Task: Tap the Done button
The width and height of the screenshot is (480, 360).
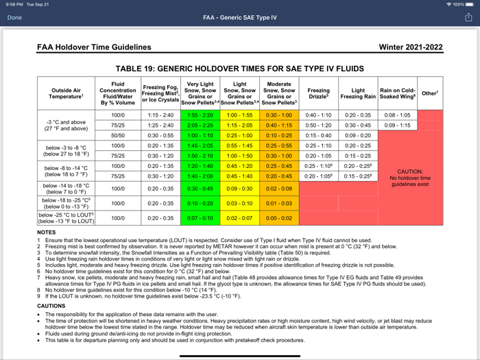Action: (x=14, y=18)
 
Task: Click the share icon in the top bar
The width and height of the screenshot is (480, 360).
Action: (x=468, y=18)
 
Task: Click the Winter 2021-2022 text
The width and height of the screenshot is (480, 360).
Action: (x=411, y=48)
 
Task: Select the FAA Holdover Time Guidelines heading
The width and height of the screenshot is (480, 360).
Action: (x=94, y=48)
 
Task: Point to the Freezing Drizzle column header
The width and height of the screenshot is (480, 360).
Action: (x=318, y=93)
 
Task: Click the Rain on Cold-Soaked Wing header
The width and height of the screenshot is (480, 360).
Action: (x=397, y=93)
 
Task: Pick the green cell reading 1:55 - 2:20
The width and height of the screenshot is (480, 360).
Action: (x=200, y=115)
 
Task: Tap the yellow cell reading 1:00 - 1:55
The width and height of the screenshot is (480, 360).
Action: (x=239, y=115)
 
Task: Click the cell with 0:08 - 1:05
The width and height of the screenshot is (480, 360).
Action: (x=397, y=115)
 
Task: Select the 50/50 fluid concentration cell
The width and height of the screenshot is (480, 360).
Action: (x=118, y=136)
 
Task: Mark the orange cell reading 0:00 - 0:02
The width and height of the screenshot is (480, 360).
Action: (x=279, y=218)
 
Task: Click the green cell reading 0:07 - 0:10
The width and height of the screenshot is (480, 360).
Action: (x=200, y=218)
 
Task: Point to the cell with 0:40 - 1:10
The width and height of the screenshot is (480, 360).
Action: (x=318, y=115)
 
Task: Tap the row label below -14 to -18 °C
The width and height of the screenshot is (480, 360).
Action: (x=67, y=189)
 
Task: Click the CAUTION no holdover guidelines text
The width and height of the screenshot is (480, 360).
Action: (x=410, y=178)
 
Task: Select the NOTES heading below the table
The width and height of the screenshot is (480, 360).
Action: (x=47, y=232)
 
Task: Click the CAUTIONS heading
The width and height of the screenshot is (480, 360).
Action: (x=51, y=306)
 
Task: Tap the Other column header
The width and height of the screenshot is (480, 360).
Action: (x=430, y=93)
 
